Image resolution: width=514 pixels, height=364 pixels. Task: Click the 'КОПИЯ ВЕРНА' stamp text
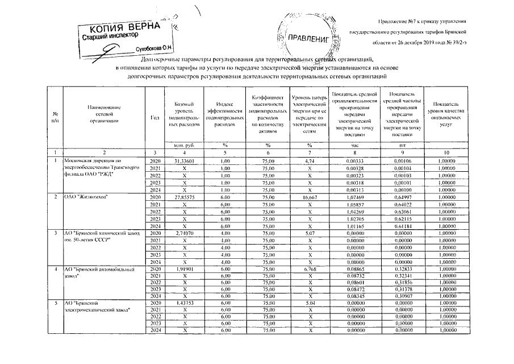[125, 28]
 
